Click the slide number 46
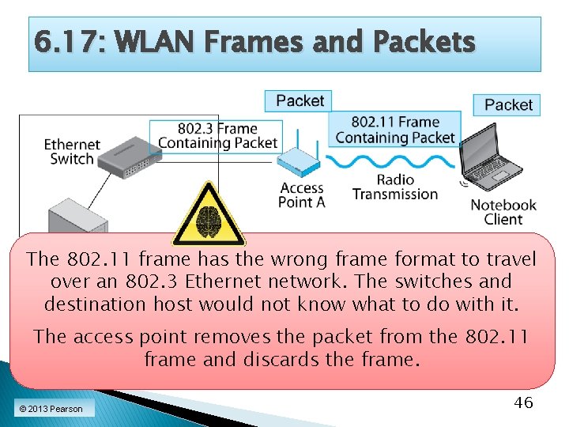tap(523, 402)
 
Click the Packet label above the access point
tap(300, 100)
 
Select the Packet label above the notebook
tap(508, 104)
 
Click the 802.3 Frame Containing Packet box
tap(217, 135)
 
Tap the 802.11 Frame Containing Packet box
tap(395, 130)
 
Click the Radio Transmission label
tap(395, 187)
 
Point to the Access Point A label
tap(302, 195)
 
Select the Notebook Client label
tap(503, 212)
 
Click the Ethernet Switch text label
tap(71, 152)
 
